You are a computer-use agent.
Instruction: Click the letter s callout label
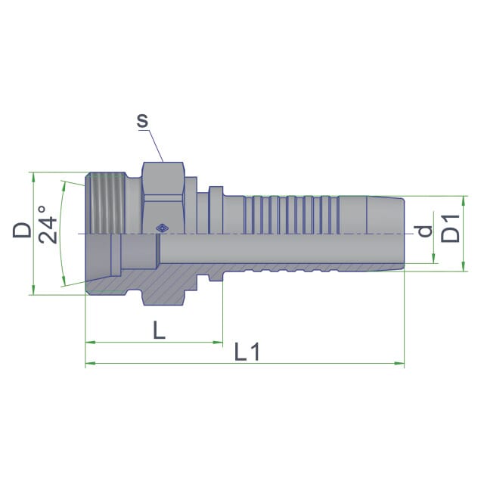143,121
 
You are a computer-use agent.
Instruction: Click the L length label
160,330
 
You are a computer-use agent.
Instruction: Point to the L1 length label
247,352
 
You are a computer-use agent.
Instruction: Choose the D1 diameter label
451,228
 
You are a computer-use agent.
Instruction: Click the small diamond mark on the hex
162,228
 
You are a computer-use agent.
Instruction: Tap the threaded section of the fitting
106,203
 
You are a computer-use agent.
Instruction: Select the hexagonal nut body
163,198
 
